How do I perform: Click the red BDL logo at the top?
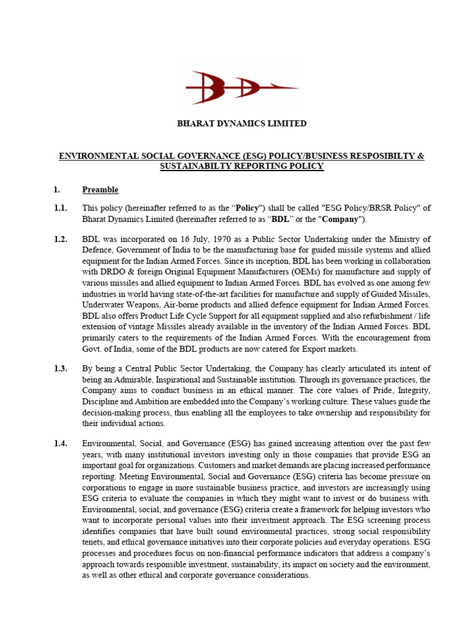pos(242,88)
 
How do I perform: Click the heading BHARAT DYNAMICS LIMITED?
pos(242,123)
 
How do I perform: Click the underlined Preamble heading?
pos(100,190)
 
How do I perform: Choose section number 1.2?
pos(60,239)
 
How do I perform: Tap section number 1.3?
pos(60,368)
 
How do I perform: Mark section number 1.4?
pos(60,443)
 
